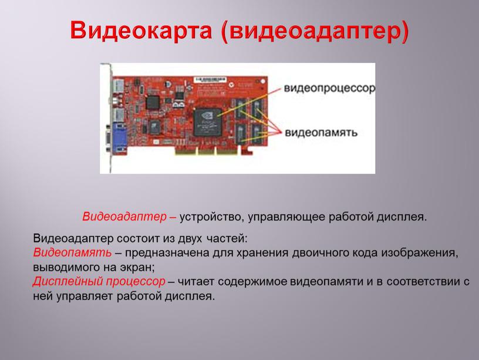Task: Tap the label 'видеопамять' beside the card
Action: point(321,132)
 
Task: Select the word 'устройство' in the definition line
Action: point(211,217)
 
